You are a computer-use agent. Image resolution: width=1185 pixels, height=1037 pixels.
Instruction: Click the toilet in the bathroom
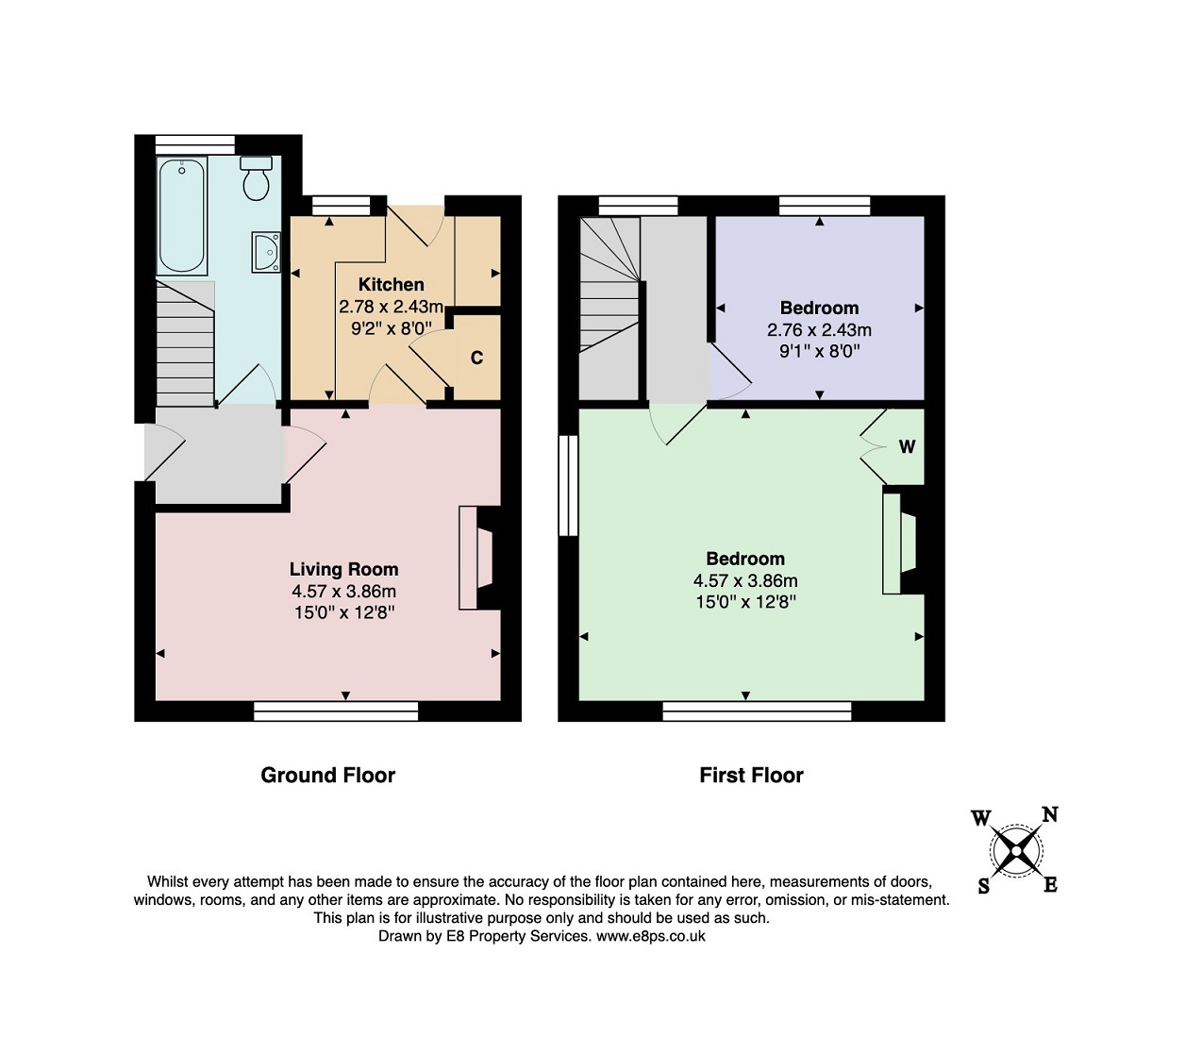(x=257, y=177)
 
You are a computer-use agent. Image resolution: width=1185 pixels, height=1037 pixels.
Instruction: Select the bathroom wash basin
(x=266, y=251)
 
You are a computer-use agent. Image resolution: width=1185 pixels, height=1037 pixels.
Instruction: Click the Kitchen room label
(x=391, y=284)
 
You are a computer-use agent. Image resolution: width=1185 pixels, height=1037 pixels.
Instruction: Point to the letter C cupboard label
(x=476, y=358)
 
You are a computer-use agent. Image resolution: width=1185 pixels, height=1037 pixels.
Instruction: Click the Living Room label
(x=344, y=569)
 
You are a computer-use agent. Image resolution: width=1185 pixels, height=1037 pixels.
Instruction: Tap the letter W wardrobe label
(x=907, y=446)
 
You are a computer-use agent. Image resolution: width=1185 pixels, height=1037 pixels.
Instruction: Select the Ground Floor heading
(x=327, y=775)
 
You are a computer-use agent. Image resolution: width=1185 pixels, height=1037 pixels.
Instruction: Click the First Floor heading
(x=751, y=775)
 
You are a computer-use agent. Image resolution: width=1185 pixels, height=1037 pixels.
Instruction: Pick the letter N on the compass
(x=1050, y=814)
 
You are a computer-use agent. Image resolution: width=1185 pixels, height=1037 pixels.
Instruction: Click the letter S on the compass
(x=983, y=886)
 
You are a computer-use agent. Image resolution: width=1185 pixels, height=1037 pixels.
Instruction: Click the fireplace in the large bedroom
(x=899, y=544)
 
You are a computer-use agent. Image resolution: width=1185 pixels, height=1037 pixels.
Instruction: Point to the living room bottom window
(x=336, y=711)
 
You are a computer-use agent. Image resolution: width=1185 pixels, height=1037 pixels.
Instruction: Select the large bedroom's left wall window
(x=568, y=485)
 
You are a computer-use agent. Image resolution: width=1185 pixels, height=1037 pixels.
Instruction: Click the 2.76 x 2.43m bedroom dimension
(x=819, y=329)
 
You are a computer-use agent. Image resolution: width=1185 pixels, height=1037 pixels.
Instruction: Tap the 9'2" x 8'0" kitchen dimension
(x=392, y=328)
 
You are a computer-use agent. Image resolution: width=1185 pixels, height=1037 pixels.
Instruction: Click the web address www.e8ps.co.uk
(x=651, y=936)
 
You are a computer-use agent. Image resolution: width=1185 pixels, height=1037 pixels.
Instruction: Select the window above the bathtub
(x=195, y=144)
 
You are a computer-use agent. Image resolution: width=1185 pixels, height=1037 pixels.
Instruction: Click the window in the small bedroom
(x=825, y=206)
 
